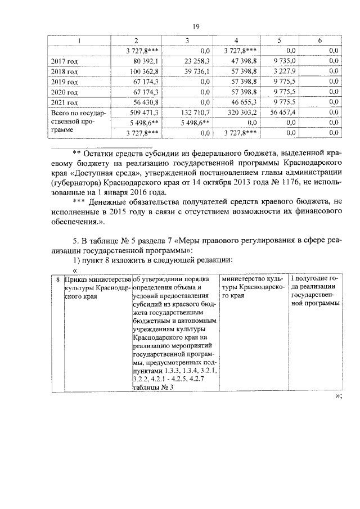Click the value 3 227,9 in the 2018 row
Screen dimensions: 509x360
point(284,71)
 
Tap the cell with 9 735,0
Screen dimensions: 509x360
point(284,61)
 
